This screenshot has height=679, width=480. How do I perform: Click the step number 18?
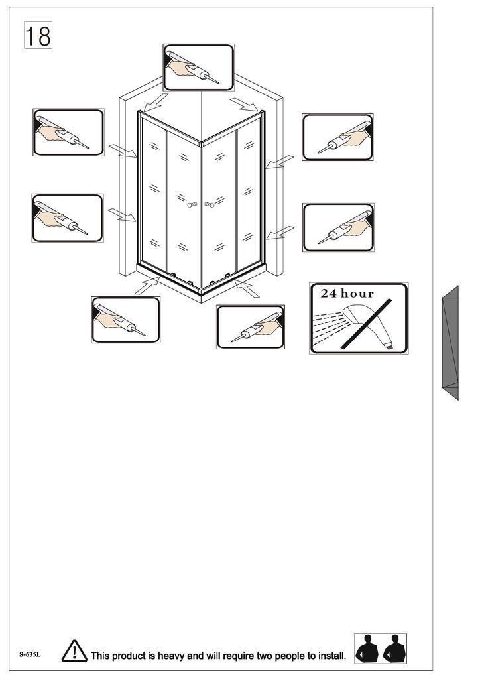[x=38, y=35]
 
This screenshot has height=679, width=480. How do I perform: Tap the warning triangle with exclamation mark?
[x=74, y=651]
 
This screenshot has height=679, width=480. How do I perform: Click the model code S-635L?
[x=30, y=654]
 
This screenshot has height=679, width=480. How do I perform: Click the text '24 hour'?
[x=347, y=294]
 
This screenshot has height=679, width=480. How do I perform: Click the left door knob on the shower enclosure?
[x=192, y=204]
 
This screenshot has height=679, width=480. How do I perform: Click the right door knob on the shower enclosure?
[x=210, y=204]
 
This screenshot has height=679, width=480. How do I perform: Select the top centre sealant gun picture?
[x=199, y=67]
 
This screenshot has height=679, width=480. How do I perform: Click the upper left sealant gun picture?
[x=68, y=132]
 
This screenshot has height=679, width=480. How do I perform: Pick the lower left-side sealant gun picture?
[x=68, y=217]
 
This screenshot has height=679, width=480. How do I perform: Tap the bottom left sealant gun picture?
[x=125, y=320]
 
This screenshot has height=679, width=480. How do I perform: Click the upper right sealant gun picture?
[x=337, y=137]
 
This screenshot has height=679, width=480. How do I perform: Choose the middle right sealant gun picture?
[x=339, y=227]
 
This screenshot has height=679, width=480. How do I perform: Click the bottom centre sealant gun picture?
[x=251, y=327]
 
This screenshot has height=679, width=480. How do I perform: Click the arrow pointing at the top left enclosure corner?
[x=155, y=103]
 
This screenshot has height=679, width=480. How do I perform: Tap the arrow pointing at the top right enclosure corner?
[x=244, y=104]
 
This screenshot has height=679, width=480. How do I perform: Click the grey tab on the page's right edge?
[x=450, y=343]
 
